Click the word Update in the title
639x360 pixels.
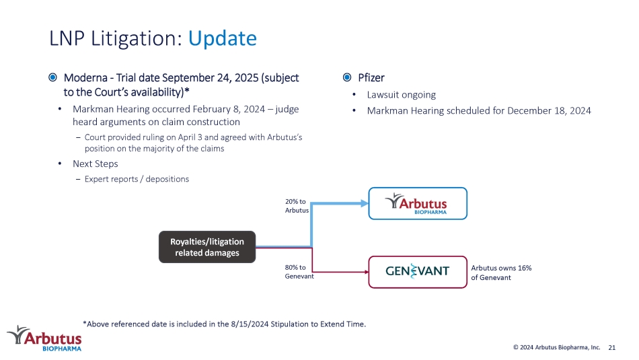click(222, 39)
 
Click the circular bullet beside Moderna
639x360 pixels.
click(52, 77)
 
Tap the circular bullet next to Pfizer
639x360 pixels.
click(347, 77)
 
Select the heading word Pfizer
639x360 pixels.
click(371, 77)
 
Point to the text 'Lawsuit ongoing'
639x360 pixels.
click(401, 95)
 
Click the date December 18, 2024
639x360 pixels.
click(549, 111)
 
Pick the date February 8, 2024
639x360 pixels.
click(229, 109)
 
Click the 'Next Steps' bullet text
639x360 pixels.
click(96, 164)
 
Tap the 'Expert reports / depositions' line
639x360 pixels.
click(137, 179)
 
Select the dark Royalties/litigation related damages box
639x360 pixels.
click(207, 247)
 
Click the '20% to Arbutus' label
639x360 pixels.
click(297, 206)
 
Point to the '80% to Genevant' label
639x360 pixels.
click(299, 272)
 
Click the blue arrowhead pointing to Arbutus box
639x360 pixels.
click(365, 203)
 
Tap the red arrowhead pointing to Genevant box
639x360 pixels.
click(367, 272)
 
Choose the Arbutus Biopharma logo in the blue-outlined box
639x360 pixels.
click(416, 203)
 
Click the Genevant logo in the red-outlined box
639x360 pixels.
click(417, 271)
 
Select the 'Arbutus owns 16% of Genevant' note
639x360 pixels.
click(501, 273)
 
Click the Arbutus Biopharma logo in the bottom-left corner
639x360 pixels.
click(44, 338)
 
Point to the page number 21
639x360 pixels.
click(611, 348)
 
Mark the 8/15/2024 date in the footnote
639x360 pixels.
click(250, 324)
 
